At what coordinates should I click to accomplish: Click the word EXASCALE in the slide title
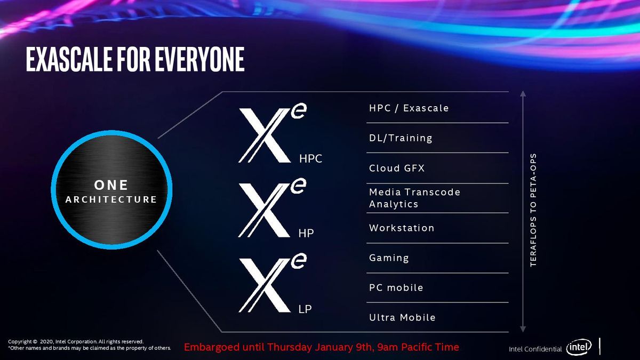(69, 59)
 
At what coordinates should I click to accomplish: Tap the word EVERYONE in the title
(199, 59)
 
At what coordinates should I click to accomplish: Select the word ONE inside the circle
(111, 185)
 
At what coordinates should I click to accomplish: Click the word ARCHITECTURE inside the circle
(111, 199)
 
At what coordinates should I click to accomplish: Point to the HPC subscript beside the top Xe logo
(310, 158)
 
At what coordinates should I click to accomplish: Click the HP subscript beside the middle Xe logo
(306, 234)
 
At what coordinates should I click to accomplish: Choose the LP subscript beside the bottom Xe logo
(305, 309)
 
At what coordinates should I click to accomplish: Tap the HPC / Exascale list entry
(409, 108)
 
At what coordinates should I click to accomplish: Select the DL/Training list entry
(401, 138)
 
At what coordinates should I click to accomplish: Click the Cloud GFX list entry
(397, 168)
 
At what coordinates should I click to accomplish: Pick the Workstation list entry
(402, 228)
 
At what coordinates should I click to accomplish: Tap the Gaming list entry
(389, 258)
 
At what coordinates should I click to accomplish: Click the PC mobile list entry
(396, 287)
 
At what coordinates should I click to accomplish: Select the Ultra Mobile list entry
(402, 317)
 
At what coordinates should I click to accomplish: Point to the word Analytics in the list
(394, 204)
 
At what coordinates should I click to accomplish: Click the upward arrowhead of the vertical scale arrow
(523, 94)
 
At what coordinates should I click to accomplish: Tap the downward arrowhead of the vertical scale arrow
(523, 329)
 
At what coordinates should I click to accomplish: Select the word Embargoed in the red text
(212, 347)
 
